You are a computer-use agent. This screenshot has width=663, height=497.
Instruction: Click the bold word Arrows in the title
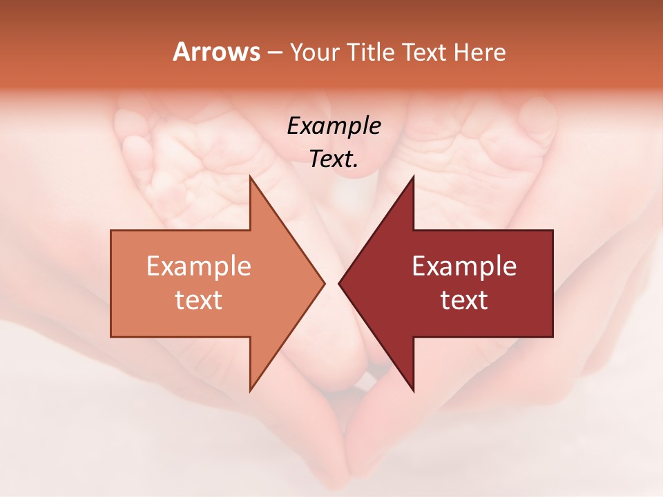pos(216,52)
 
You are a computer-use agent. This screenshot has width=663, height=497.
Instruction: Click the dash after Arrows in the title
pos(274,52)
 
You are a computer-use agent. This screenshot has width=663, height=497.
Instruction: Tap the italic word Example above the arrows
pos(334,126)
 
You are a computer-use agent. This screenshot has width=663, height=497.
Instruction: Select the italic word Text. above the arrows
pos(334,159)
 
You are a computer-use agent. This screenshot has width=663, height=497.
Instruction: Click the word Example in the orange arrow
pos(199,266)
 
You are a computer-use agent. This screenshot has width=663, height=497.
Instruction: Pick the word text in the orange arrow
pos(199,300)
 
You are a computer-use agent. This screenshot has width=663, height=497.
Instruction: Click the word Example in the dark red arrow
pos(464,266)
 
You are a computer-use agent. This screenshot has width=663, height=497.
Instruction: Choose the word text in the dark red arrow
pos(464,300)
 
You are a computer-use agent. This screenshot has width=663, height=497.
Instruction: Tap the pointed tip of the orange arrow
pos(324,283)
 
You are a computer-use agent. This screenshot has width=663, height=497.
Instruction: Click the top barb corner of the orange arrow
pos(250,177)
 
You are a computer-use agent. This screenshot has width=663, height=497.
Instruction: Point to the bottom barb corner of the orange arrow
pos(250,390)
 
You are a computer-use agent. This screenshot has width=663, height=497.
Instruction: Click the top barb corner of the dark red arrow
pos(413,177)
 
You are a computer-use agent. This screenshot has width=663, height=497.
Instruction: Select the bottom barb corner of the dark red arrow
pos(413,390)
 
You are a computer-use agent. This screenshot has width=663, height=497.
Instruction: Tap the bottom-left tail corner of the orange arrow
pos(111,336)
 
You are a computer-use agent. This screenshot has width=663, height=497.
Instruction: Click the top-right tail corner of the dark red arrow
pos(552,231)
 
